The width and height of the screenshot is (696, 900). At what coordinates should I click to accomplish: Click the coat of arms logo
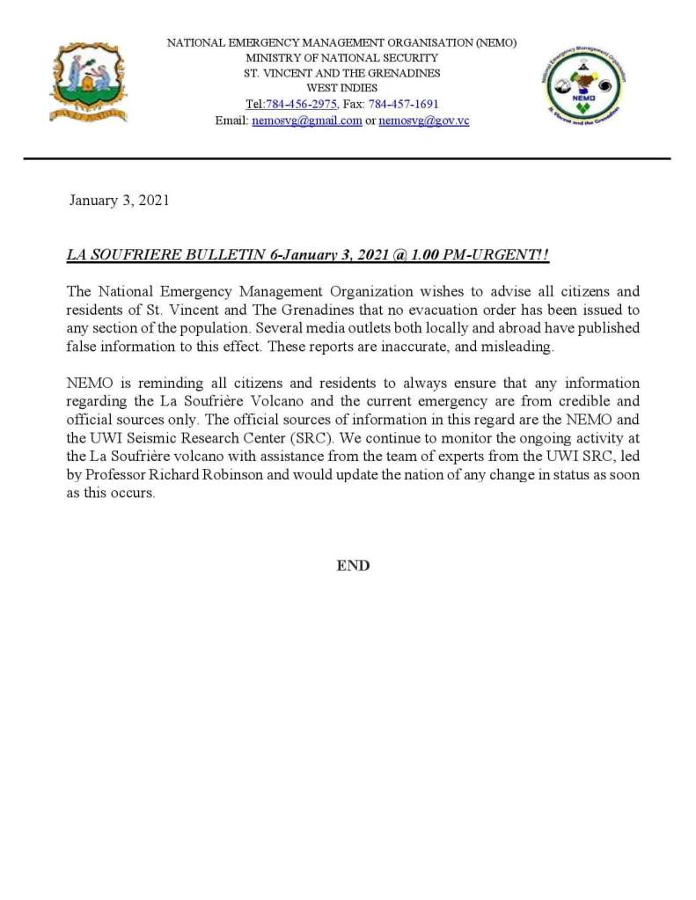point(88,81)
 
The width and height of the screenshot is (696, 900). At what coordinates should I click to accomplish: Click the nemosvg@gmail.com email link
point(307,121)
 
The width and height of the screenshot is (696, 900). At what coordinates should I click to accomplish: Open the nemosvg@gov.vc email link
point(424,121)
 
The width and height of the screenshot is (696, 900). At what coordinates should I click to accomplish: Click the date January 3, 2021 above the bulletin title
point(119,201)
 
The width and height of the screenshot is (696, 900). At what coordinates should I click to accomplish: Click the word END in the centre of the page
point(353,566)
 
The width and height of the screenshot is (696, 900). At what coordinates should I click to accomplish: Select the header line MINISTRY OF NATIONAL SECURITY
point(342,58)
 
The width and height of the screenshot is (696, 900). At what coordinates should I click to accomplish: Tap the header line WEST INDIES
point(342,88)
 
